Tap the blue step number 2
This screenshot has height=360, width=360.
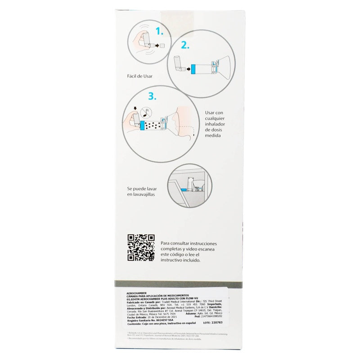coord(185,45)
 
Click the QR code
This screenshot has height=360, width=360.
coord(141,248)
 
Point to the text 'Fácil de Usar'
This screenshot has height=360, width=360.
coord(140,76)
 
